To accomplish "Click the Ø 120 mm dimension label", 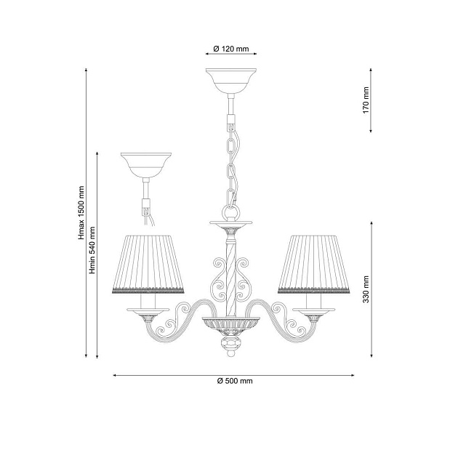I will click(231, 49).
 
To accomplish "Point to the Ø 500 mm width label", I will click(234, 381).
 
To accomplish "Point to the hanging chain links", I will click(232, 164).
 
